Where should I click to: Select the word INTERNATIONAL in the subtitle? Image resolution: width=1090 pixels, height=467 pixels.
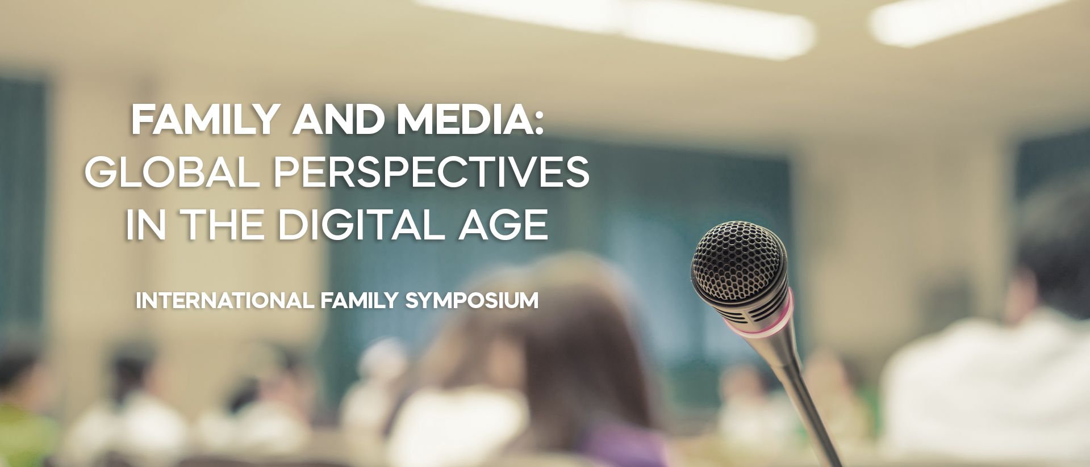224,301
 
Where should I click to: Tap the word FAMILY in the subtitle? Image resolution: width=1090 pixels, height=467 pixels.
358,301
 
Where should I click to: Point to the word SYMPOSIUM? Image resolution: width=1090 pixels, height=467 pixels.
471,301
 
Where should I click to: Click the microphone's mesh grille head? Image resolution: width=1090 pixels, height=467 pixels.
738,258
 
